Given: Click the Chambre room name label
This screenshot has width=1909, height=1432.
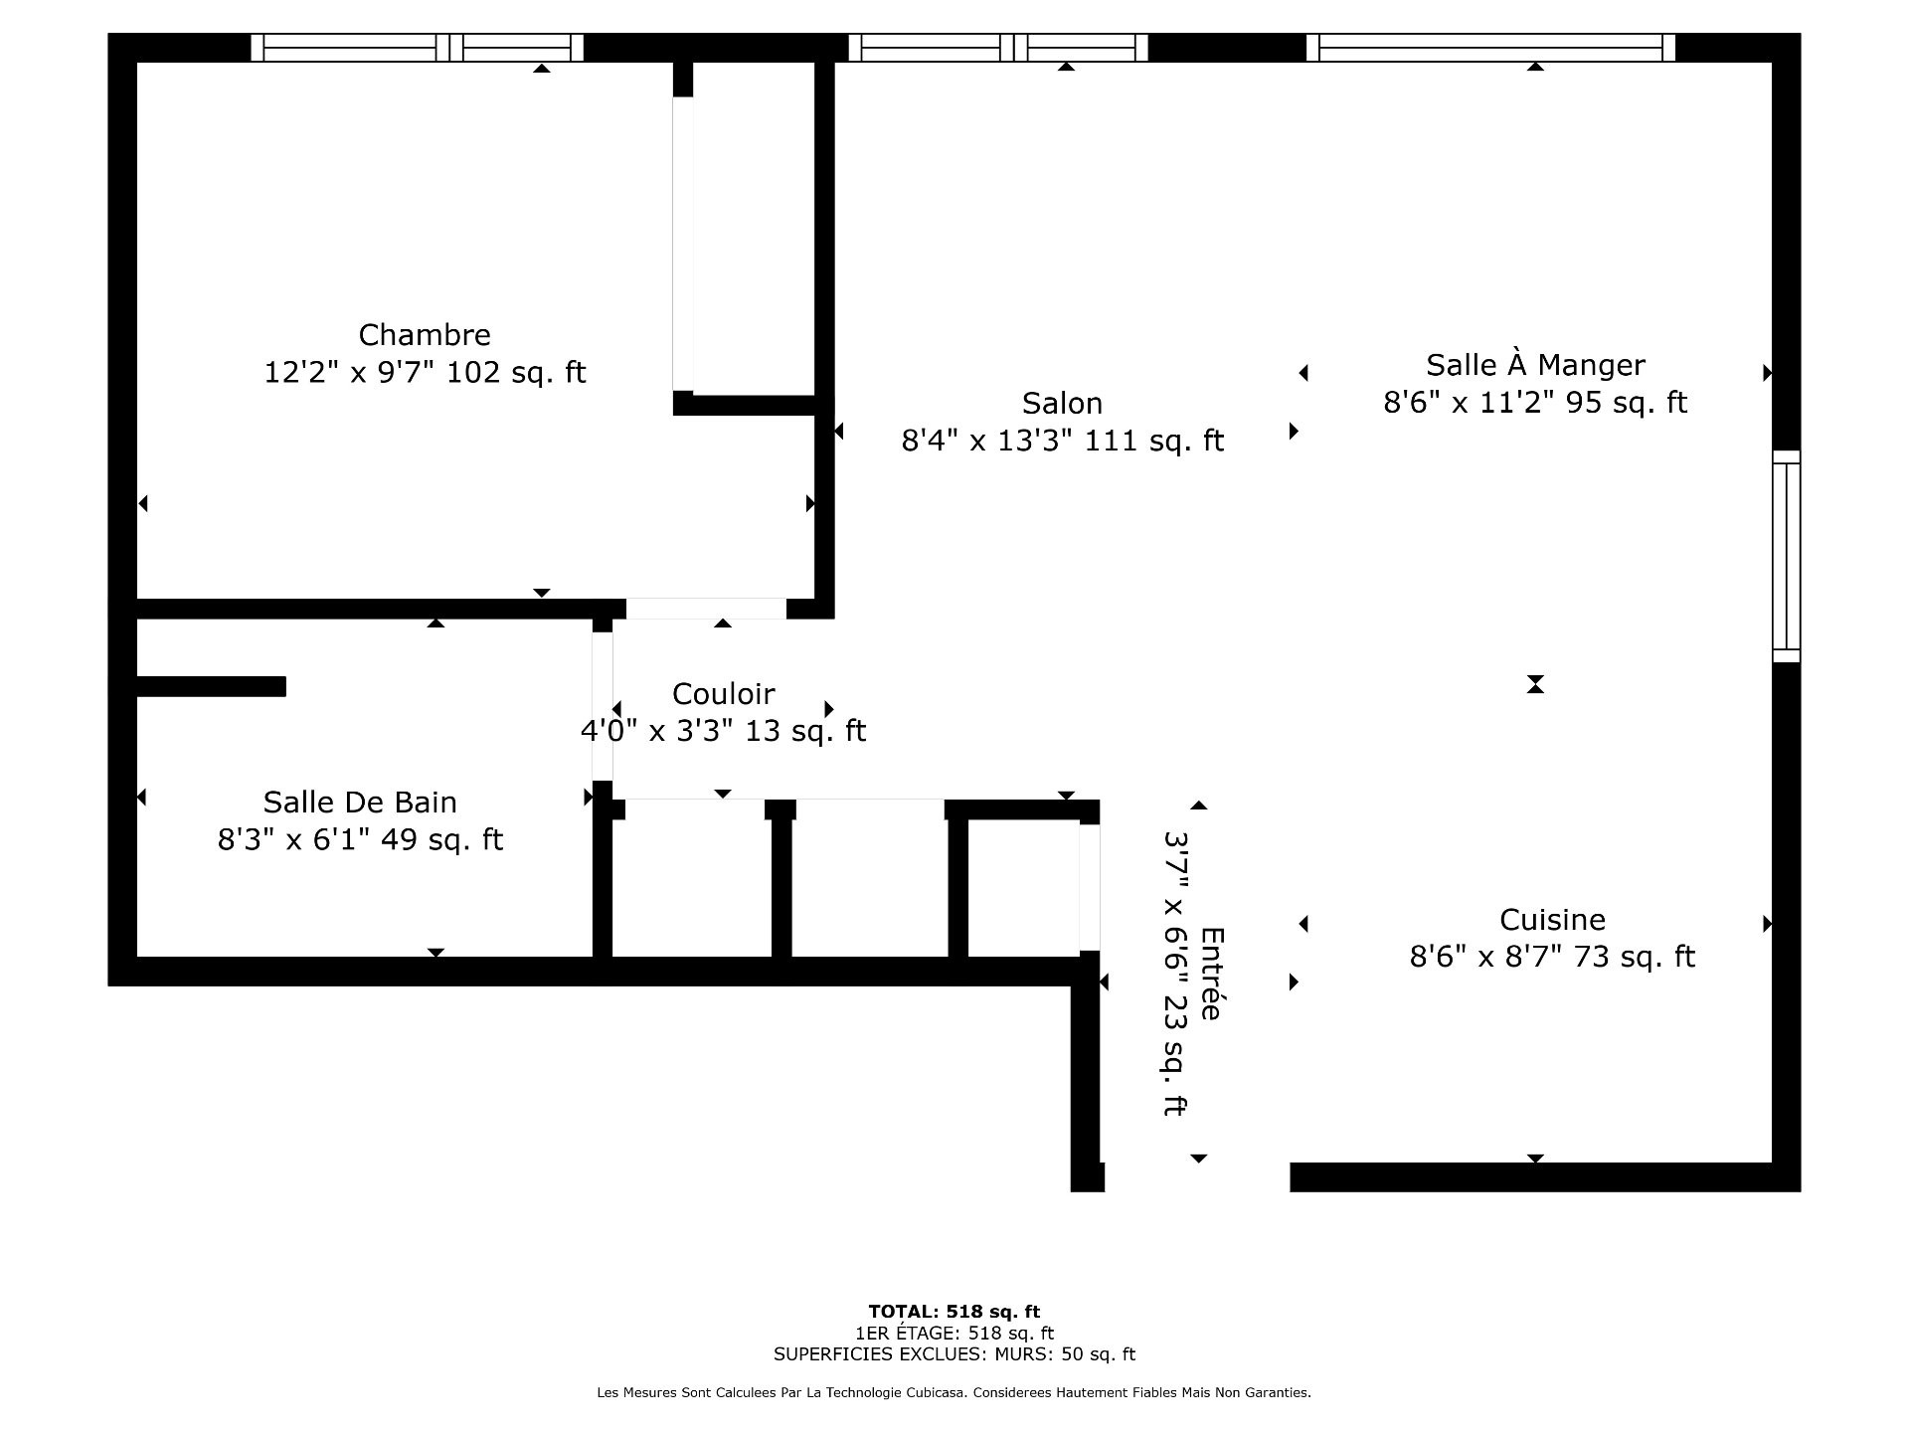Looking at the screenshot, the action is click(x=425, y=335).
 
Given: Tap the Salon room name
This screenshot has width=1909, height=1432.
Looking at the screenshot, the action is click(x=1062, y=404).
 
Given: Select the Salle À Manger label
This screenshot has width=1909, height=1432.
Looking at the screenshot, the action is click(x=1535, y=365).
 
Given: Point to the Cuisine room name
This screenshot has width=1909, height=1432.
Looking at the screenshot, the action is click(x=1552, y=920).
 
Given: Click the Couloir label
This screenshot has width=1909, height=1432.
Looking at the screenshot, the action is click(x=723, y=694).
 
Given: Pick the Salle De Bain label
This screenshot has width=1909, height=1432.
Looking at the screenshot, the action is click(x=360, y=803).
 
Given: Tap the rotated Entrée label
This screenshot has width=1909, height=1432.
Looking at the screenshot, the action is click(x=1211, y=974).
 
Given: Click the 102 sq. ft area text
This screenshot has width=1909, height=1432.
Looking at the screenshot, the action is click(x=516, y=373).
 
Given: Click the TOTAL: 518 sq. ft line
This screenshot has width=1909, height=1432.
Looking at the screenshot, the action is click(x=954, y=1312).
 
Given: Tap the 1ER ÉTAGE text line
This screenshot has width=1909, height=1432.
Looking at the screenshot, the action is click(x=954, y=1334).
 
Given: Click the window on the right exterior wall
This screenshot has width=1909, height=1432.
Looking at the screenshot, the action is click(x=1787, y=556).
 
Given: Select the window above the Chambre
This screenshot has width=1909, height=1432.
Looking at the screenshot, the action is click(x=417, y=48).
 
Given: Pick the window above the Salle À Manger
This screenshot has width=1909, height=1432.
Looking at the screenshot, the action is click(x=1490, y=48).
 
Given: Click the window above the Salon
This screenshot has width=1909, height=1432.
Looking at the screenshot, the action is click(x=998, y=48).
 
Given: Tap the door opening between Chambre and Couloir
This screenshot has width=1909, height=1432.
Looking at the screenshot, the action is click(x=706, y=609).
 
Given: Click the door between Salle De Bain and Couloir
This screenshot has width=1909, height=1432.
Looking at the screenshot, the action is click(x=603, y=706).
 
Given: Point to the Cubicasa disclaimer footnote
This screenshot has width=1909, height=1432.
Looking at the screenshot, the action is click(x=954, y=1393).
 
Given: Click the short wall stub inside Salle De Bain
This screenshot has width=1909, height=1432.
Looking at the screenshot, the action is click(x=211, y=686).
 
